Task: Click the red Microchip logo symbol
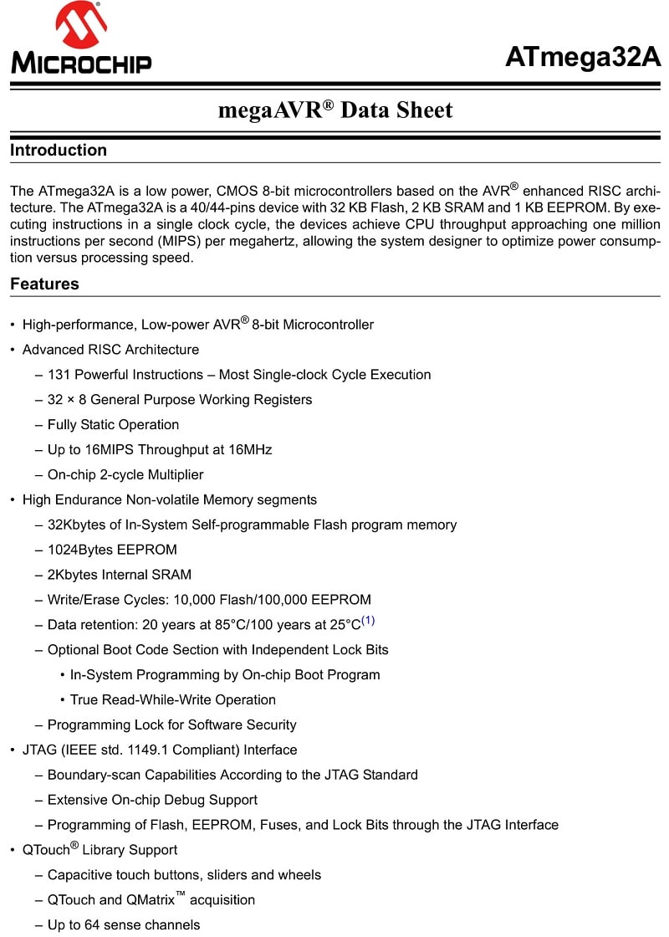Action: (80, 25)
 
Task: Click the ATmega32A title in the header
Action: (583, 57)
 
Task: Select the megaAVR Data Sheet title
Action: (334, 110)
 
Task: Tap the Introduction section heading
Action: (59, 151)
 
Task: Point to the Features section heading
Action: (44, 284)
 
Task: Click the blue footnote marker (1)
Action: (368, 621)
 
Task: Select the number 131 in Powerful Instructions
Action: (59, 375)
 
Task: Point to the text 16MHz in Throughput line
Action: (249, 449)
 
